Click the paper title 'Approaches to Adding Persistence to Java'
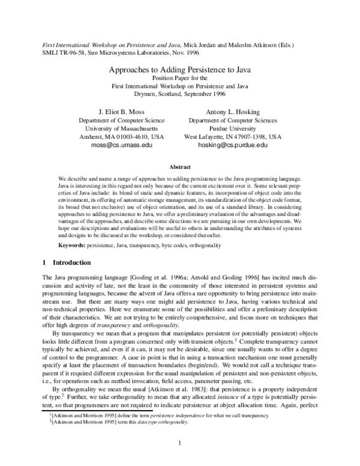[x=179, y=70]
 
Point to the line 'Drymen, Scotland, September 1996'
[x=179, y=95]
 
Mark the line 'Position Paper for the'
[x=179, y=78]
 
